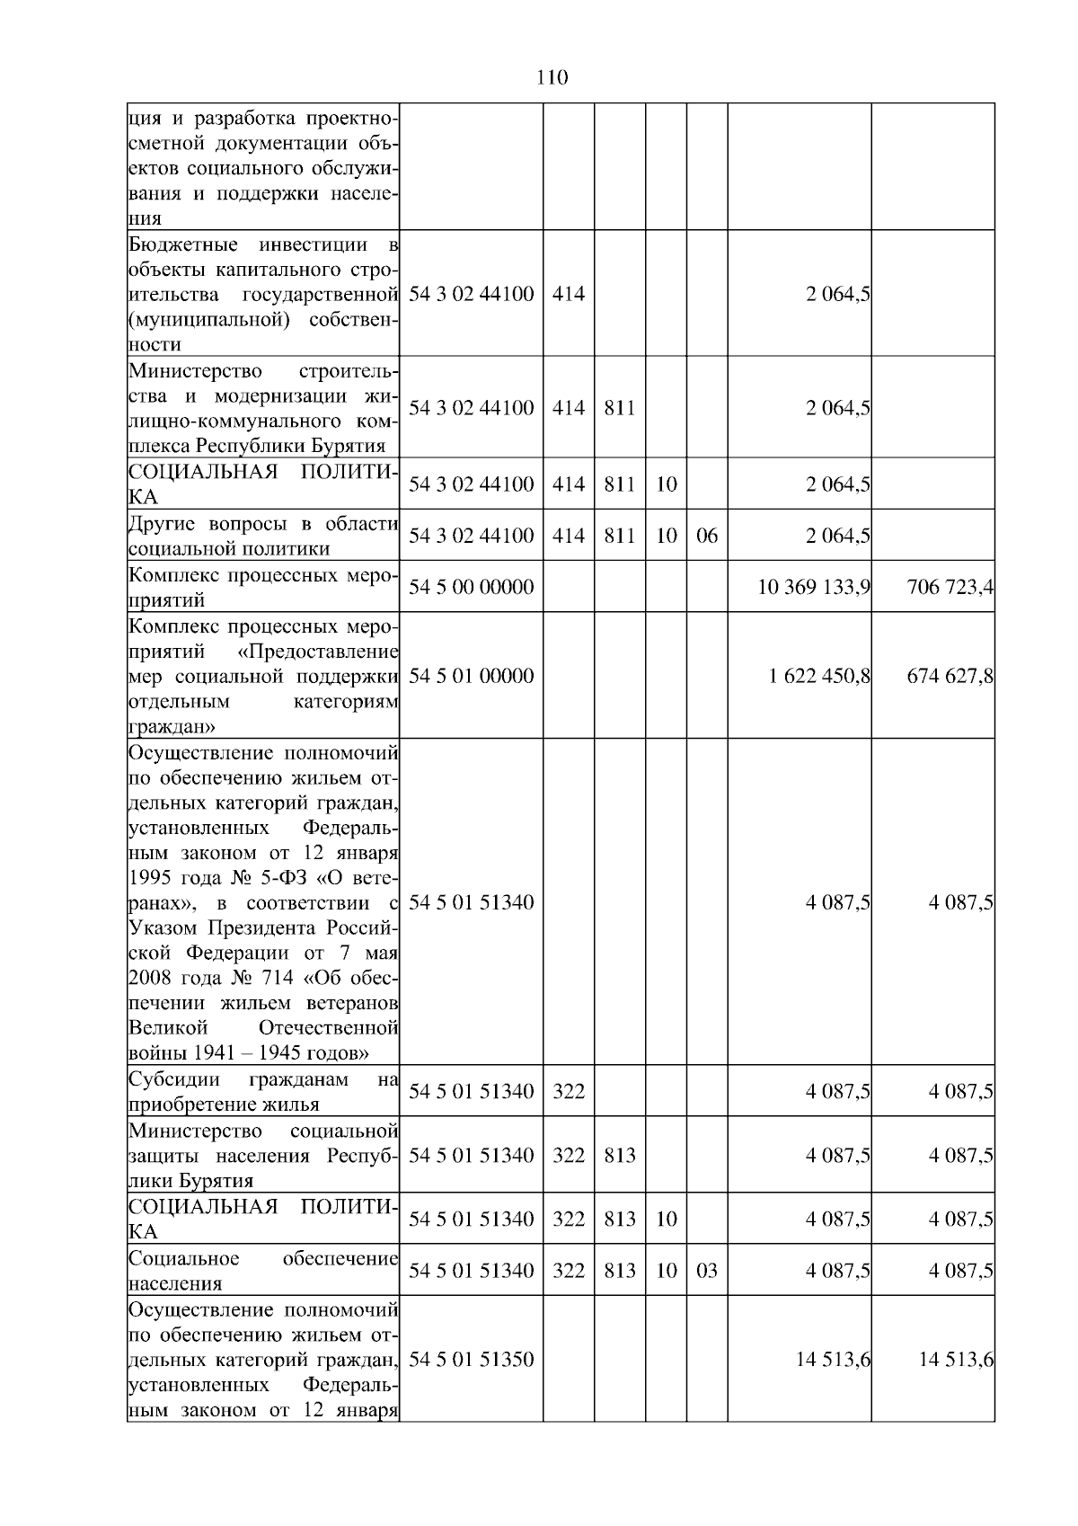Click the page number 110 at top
pos(552,78)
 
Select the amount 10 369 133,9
pos(814,587)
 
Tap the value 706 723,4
pos(950,587)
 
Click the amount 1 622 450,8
pos(819,676)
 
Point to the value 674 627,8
pos(950,676)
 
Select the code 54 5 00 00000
pos(471,587)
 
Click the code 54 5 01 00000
pos(471,676)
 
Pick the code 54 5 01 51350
pos(471,1360)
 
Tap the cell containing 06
pos(707,536)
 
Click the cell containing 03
pos(707,1271)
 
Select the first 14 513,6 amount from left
pos(833,1360)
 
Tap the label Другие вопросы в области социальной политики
pos(263,537)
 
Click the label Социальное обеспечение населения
pos(263,1271)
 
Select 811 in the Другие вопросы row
pos(620,536)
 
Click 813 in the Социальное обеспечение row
pos(620,1271)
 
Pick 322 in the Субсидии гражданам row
pos(568,1092)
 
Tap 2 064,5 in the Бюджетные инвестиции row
pos(837,294)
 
